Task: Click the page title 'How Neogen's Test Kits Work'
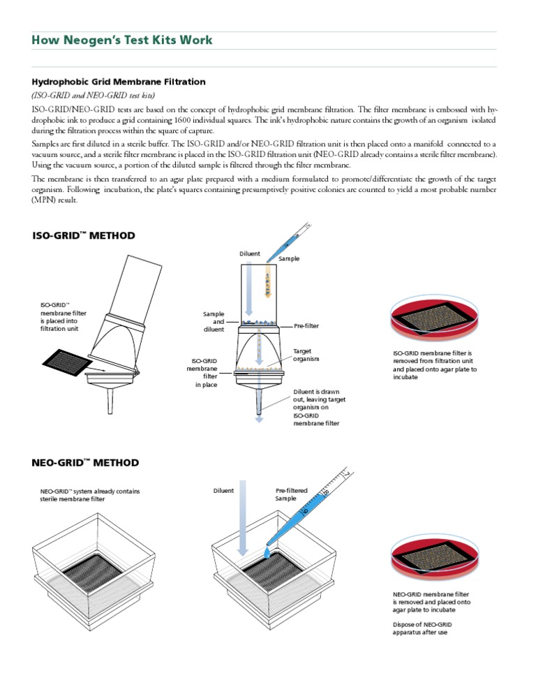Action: [122, 40]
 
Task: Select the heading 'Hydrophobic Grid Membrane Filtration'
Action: [119, 82]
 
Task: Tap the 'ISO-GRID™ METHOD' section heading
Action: [84, 235]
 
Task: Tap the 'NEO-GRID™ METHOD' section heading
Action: [85, 462]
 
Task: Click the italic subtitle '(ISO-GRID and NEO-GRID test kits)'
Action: [94, 95]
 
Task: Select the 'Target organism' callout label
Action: [306, 355]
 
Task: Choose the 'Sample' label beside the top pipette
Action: [289, 258]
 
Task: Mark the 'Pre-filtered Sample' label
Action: [291, 494]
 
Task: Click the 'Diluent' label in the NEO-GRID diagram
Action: [223, 491]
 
